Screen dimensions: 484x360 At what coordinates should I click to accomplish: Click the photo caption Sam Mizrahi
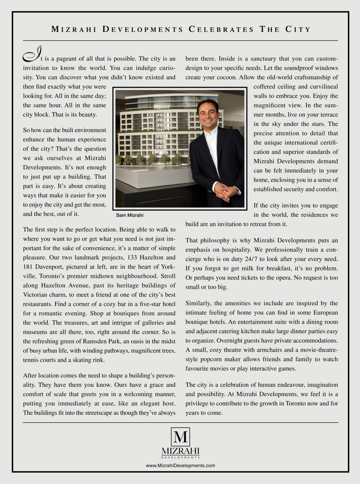click(x=130, y=215)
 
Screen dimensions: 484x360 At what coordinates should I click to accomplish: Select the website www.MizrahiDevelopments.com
click(x=180, y=465)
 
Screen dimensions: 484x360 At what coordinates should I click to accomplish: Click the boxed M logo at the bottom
click(x=180, y=437)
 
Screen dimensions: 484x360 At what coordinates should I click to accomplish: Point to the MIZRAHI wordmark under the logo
click(x=180, y=451)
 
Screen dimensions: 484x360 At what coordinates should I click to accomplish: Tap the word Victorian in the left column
click(x=36, y=295)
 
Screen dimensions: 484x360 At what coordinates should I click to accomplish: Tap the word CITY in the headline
click(x=299, y=29)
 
